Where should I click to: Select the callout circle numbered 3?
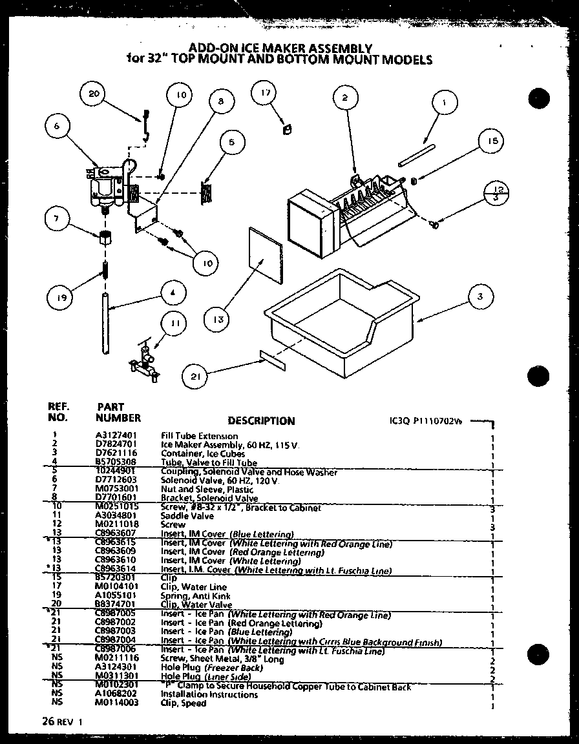pos(479,296)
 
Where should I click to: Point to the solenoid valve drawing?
pos(105,187)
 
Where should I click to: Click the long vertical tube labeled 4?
pos(105,323)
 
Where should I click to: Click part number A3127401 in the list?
pos(112,436)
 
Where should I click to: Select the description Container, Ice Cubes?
pos(194,454)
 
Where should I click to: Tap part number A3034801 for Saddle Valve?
pos(112,517)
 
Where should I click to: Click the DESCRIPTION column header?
pos(261,421)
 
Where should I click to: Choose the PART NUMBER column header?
pos(118,413)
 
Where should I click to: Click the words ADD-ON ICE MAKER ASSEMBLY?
pos(279,48)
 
